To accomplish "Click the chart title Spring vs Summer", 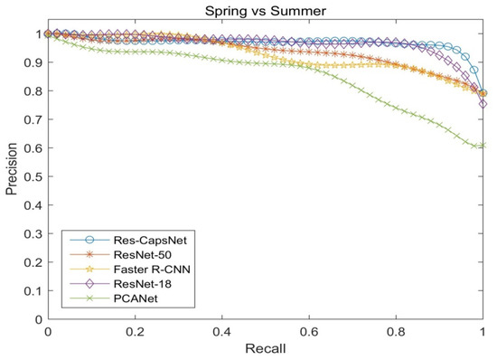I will coord(265,11).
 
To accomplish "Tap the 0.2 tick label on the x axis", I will coord(135,332).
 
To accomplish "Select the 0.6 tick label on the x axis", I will coord(309,332).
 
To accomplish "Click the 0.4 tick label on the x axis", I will coord(222,332).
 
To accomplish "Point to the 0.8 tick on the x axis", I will coord(397,332).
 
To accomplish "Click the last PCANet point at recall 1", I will coord(483,145).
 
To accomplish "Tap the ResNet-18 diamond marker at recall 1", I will coord(483,104).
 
